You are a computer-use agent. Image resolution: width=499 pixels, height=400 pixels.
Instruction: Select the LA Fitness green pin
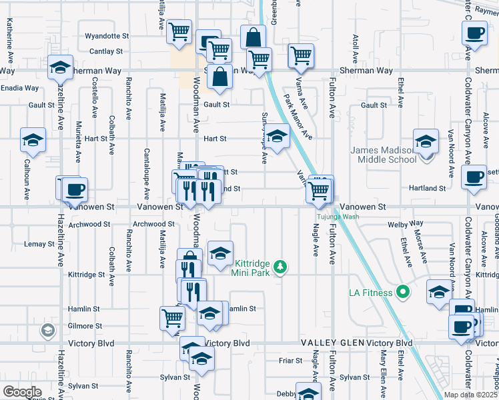click(402, 292)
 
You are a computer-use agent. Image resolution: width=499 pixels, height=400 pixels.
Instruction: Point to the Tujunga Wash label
click(337, 217)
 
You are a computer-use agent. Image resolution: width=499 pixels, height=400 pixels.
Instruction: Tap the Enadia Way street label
click(19, 88)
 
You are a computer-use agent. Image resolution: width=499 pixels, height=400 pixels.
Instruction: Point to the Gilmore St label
click(85, 326)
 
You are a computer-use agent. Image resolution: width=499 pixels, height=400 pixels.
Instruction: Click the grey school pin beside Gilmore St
click(47, 330)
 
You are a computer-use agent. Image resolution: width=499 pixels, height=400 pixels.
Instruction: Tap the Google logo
click(22, 392)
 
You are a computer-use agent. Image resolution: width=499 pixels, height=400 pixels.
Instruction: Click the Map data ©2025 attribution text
click(461, 395)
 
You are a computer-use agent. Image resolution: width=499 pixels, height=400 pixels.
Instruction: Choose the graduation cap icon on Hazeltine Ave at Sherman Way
click(60, 67)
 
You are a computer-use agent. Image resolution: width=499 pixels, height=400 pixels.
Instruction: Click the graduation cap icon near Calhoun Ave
click(33, 140)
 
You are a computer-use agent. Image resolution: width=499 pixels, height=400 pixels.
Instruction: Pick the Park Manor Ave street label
click(298, 117)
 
